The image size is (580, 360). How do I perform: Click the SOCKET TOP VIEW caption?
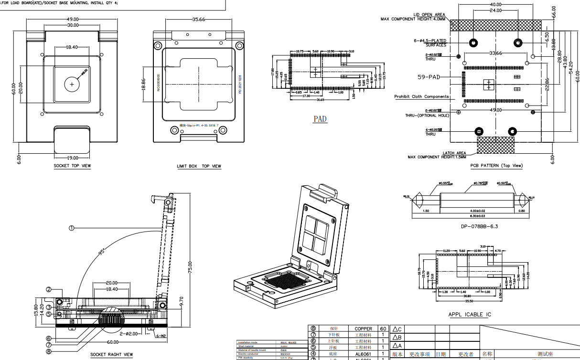click(x=72, y=166)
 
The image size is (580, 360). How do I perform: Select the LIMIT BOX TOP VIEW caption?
click(x=199, y=166)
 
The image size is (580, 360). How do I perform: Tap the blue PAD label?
click(x=320, y=119)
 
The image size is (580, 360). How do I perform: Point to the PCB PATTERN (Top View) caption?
click(x=496, y=166)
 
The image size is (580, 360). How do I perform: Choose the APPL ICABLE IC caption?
click(x=469, y=314)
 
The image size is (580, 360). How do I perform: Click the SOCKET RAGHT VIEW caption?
click(x=112, y=355)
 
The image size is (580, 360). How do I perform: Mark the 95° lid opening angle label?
click(x=102, y=252)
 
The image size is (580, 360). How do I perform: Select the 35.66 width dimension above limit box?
click(x=199, y=20)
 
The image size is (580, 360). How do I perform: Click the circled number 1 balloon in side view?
click(x=72, y=228)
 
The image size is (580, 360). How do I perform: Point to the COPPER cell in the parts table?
click(x=363, y=328)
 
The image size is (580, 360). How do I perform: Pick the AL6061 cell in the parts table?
click(x=363, y=354)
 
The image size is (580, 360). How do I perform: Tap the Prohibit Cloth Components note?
click(x=421, y=96)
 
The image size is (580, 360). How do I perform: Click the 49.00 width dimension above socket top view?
click(x=73, y=20)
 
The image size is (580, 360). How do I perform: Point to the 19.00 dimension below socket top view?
click(x=72, y=158)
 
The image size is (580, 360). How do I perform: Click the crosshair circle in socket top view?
click(x=72, y=85)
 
